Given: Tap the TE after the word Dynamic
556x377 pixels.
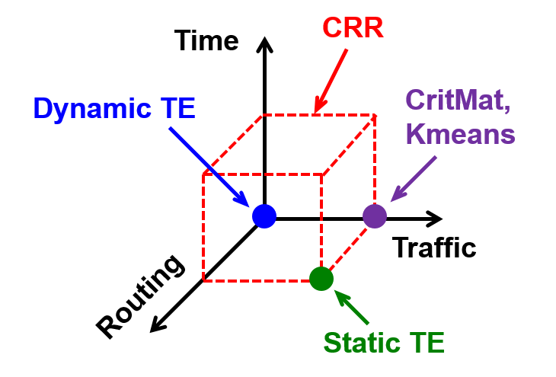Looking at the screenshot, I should pos(177,109).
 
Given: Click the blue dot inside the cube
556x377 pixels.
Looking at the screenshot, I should pos(264,216).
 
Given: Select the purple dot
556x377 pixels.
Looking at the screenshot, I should pos(375,216).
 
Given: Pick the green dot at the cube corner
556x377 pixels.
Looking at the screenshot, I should pos(321,279).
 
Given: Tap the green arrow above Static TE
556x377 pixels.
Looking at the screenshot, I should pos(352,308).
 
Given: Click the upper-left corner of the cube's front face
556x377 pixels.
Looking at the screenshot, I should pos(203,174).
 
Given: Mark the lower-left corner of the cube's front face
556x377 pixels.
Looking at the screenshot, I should pos(203,281).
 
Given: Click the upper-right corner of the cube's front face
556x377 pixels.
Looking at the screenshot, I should pos(321,174).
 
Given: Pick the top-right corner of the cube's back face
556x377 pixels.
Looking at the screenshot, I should pos(375,115).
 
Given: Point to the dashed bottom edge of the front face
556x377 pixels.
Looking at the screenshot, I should pos(259,281).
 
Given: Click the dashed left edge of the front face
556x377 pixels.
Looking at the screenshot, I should pos(203,228).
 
